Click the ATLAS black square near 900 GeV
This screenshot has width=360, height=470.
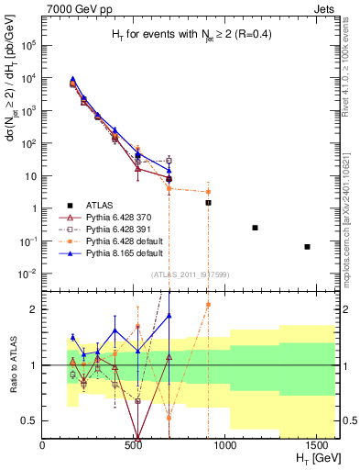[x=208, y=202]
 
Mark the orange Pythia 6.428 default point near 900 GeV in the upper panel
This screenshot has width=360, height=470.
[x=208, y=192]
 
